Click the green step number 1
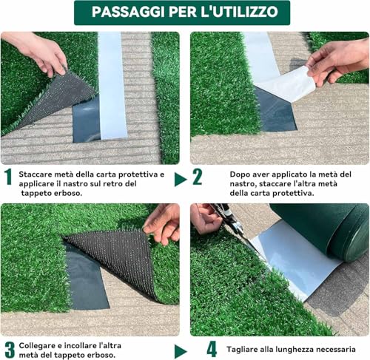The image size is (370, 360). [8, 176]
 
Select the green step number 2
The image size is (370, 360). [198, 177]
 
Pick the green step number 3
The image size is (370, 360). [9, 349]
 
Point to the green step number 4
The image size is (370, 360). [212, 348]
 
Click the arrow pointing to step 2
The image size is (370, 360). [180, 179]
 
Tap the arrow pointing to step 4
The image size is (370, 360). [181, 350]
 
